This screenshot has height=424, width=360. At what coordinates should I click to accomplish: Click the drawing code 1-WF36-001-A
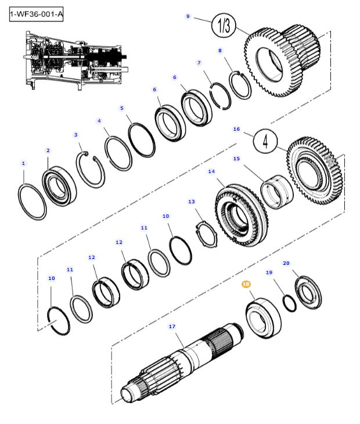[x=36, y=13]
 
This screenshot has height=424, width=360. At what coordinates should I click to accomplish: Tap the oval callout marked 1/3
[x=224, y=25]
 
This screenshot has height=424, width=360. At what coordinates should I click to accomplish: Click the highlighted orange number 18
[x=246, y=284]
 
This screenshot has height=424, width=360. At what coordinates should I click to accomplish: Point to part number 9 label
[x=188, y=17]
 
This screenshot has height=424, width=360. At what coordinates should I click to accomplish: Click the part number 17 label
[x=172, y=326]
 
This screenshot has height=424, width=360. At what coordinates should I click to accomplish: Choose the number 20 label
[x=286, y=263]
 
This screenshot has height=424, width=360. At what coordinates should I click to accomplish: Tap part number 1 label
[x=23, y=164]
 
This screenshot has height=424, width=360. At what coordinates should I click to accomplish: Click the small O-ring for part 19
[x=289, y=303]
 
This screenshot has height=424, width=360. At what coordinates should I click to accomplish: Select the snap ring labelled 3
[x=92, y=168]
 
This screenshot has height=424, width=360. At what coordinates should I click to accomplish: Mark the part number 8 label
[x=220, y=51]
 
